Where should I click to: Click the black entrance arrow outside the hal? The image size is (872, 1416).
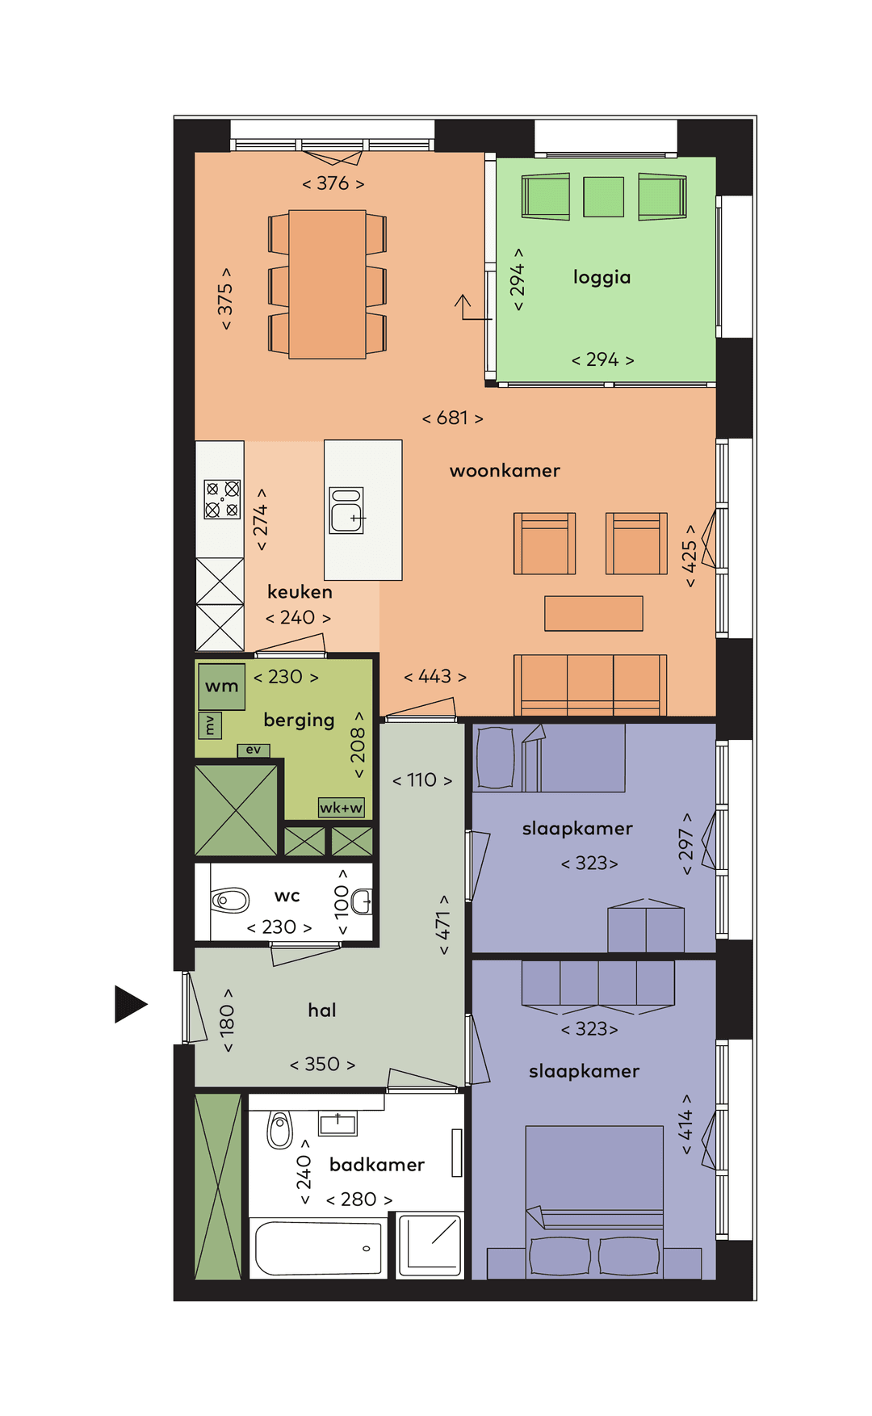tap(130, 1004)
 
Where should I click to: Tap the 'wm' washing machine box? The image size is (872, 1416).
tap(221, 687)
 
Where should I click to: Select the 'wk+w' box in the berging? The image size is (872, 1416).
tap(341, 808)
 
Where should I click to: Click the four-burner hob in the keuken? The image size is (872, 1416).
tap(222, 499)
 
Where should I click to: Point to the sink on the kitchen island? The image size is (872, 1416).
tap(347, 511)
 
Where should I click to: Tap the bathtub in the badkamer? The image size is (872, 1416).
tap(318, 1249)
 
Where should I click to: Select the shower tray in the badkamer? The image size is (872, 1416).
tap(430, 1246)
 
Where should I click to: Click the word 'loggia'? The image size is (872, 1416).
tap(602, 277)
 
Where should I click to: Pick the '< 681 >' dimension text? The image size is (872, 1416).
tap(452, 418)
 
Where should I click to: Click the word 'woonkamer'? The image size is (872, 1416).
tap(505, 471)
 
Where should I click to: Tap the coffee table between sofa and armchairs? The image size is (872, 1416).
tap(593, 613)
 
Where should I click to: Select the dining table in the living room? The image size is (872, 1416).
tap(327, 284)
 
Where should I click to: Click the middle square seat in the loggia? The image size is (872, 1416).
tap(603, 197)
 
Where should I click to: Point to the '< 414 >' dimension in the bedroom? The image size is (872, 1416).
tap(685, 1124)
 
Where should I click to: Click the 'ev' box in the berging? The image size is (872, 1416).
tap(254, 750)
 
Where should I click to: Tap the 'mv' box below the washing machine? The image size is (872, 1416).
tap(210, 725)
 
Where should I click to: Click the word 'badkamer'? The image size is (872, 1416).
tap(376, 1165)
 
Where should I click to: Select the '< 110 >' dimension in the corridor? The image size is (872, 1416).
tap(421, 780)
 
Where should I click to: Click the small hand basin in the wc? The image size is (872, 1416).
tap(363, 901)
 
